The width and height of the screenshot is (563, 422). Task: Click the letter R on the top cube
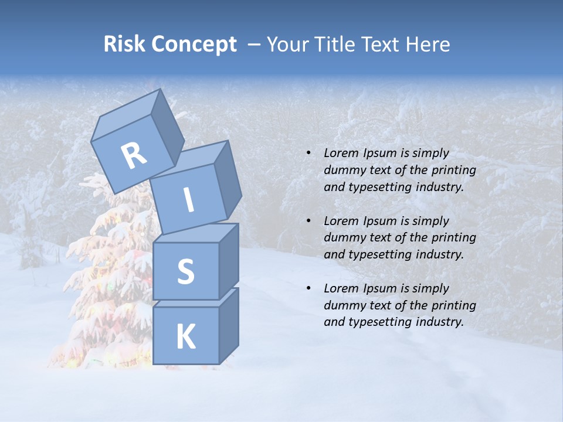coord(134,156)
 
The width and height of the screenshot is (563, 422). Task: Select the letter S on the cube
coord(185,272)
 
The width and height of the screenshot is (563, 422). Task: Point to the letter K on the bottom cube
coord(185,337)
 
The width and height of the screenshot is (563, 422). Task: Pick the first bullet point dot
coord(308,153)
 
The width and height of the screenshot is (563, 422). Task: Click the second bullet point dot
coord(308,221)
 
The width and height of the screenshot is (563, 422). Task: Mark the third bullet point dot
coord(308,288)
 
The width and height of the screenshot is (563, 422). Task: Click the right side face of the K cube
coord(228,326)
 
